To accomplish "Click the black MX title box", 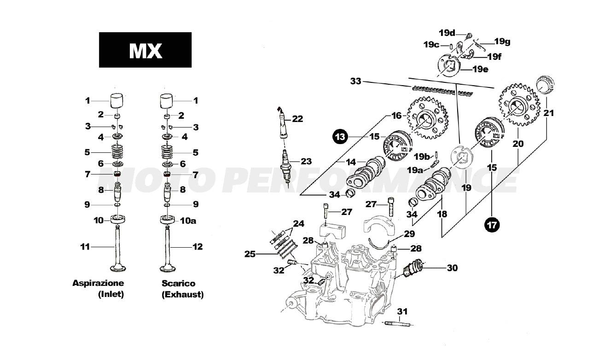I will (x=145, y=50).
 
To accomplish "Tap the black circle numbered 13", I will (x=340, y=137).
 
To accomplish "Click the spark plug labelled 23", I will (x=287, y=168).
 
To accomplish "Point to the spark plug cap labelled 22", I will (x=281, y=123).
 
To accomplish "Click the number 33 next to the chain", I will (x=355, y=81).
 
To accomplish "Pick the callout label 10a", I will (x=187, y=221).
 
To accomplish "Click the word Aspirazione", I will (x=98, y=283).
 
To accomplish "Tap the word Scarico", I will (x=178, y=284).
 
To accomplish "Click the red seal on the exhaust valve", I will (x=167, y=174).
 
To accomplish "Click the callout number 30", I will (x=452, y=267).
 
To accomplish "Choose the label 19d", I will (x=447, y=33).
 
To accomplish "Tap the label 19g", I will (x=502, y=41).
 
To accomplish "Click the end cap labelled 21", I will (x=545, y=86).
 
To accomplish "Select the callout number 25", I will (x=250, y=254).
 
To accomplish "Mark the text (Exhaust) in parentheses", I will (x=182, y=294).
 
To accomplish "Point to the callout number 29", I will (x=409, y=234).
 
